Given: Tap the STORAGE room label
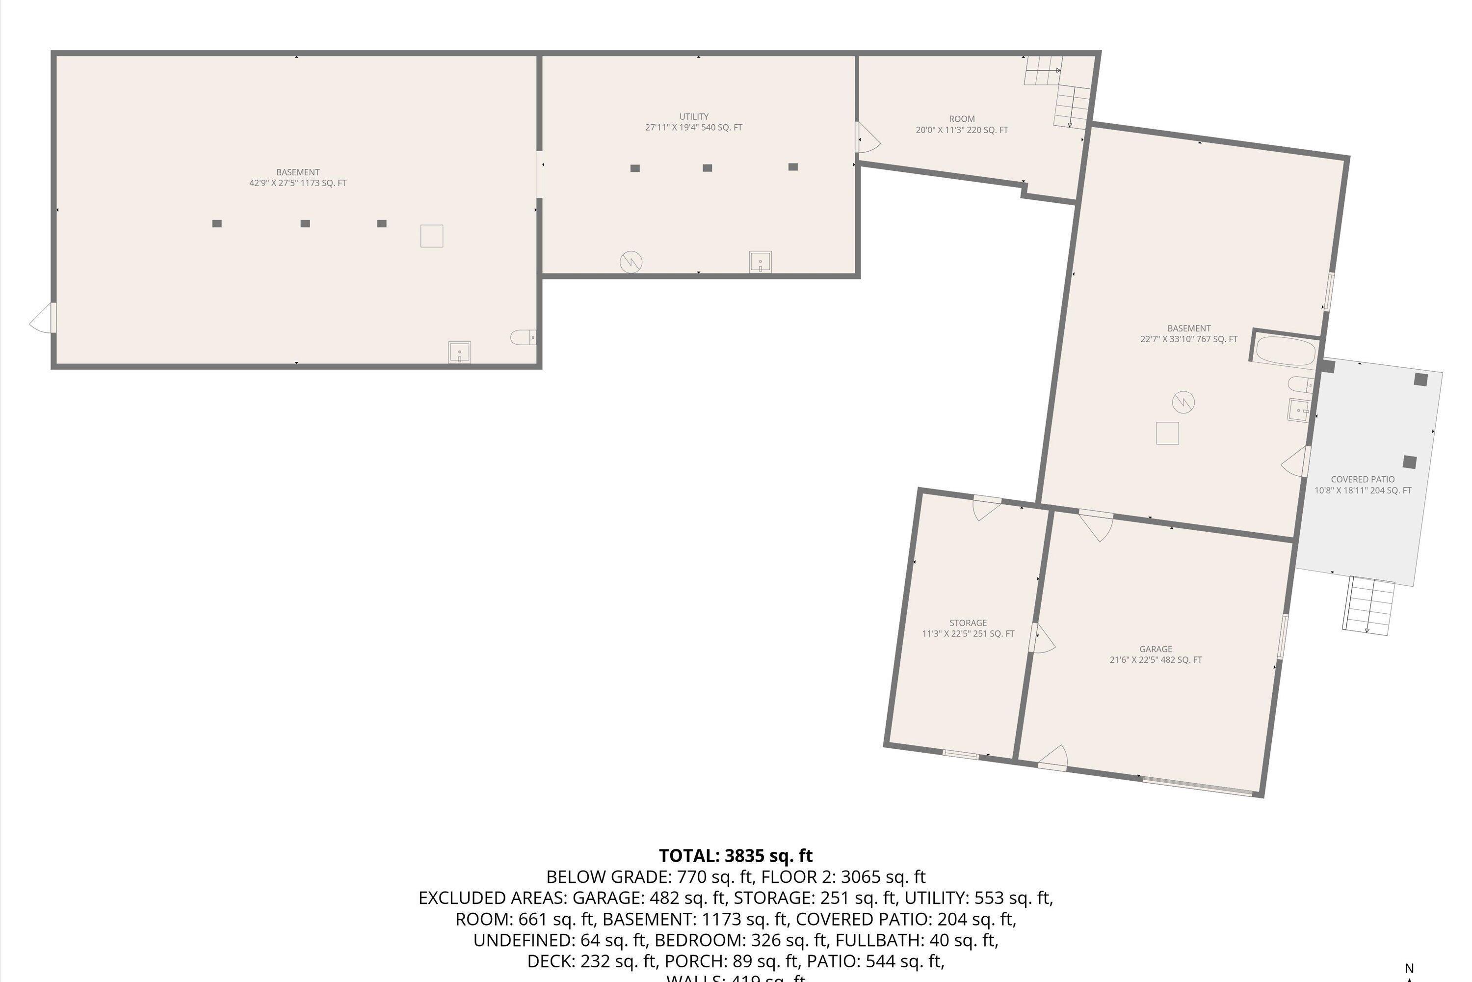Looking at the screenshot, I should point(968,623).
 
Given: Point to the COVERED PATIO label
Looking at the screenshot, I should point(1363,479).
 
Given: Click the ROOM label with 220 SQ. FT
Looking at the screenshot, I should point(961,119).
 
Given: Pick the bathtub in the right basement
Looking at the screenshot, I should point(1286,352).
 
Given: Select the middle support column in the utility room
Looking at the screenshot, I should point(707,168).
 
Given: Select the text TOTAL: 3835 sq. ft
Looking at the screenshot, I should point(736,855).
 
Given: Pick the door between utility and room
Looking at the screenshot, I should point(867,138).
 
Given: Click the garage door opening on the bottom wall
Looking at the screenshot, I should point(1197,787).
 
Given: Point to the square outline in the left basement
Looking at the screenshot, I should point(431,236).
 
